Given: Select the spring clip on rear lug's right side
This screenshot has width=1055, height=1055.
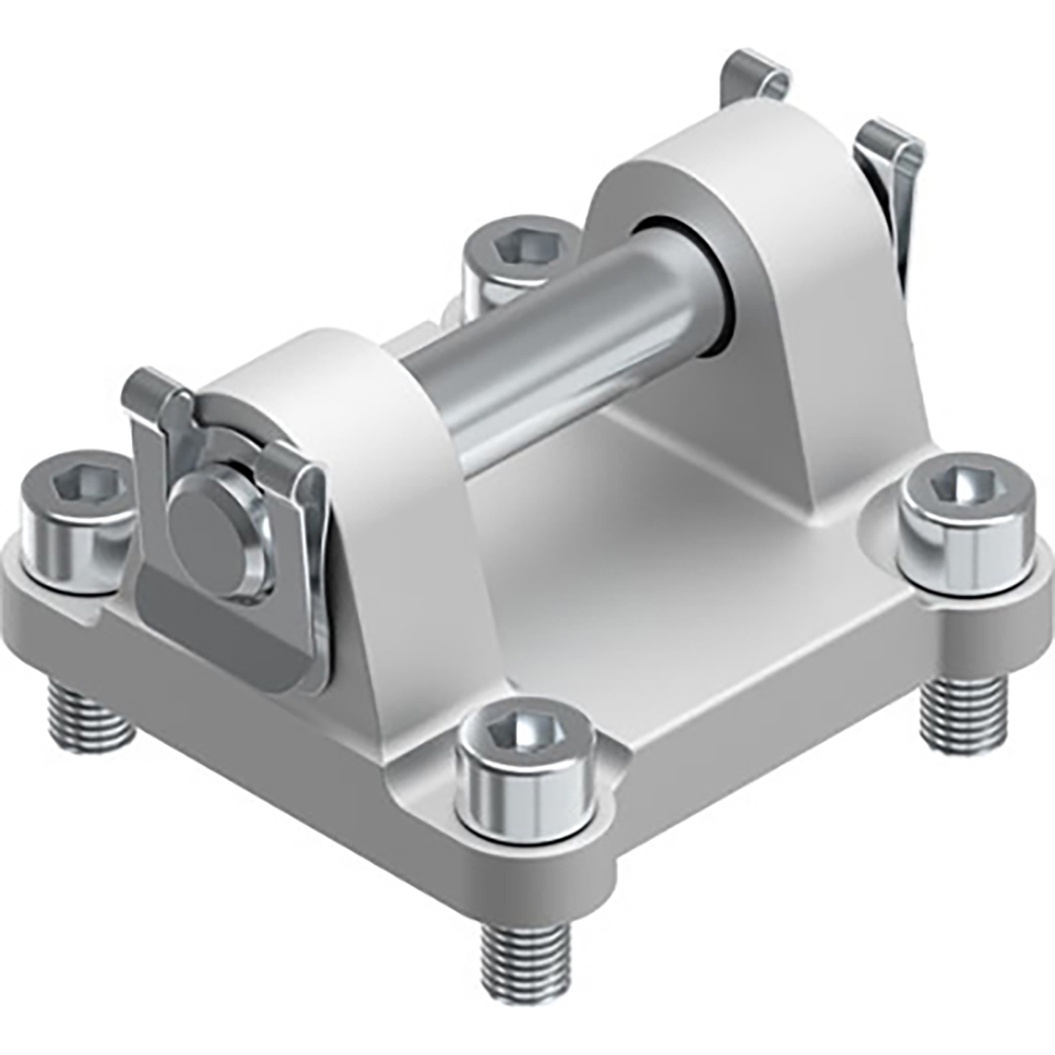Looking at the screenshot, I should [x=896, y=192].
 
